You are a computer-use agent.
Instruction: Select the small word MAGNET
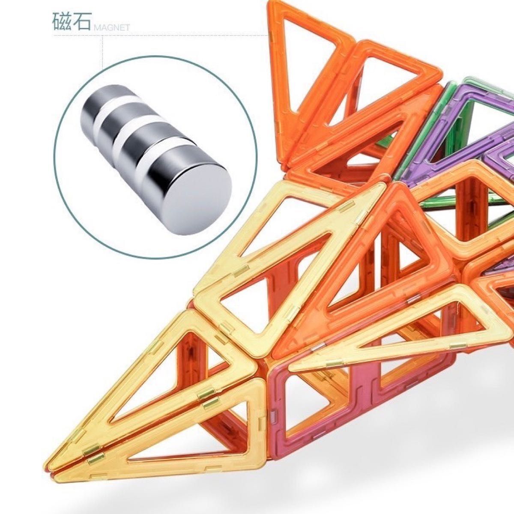pos(111,28)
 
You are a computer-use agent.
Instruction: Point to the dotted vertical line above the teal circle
pos(103,48)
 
